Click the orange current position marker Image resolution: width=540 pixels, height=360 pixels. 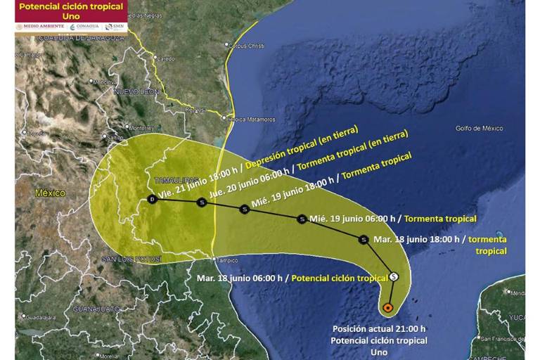pyautogui.click(x=388, y=308)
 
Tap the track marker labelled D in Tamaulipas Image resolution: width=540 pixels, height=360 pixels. pyautogui.click(x=153, y=200)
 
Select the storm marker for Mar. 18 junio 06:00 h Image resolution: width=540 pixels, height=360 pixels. pyautogui.click(x=394, y=277)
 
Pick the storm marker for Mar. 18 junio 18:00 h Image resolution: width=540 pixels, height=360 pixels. pyautogui.click(x=364, y=239)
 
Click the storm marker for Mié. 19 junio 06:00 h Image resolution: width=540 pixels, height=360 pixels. pyautogui.click(x=302, y=219)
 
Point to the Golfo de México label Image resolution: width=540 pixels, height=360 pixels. pyautogui.click(x=479, y=128)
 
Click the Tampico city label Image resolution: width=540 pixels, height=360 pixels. pyautogui.click(x=226, y=259)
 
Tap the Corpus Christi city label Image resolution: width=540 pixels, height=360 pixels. pyautogui.click(x=247, y=46)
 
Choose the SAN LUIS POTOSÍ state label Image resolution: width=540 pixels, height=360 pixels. pyautogui.click(x=131, y=259)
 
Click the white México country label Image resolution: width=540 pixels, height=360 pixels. pyautogui.click(x=50, y=193)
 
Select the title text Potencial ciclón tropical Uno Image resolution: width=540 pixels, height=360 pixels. pyautogui.click(x=70, y=11)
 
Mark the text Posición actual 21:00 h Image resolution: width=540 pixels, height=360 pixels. pyautogui.click(x=379, y=329)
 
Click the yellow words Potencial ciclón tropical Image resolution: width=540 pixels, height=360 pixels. pyautogui.click(x=340, y=278)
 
